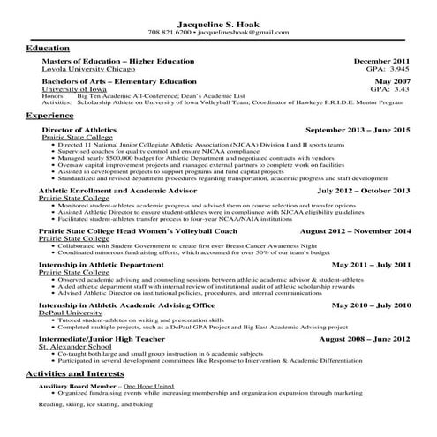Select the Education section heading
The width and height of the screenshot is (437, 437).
pyautogui.click(x=49, y=48)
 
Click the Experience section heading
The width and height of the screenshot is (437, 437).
pyautogui.click(x=50, y=116)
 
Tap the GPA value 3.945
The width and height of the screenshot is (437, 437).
pyautogui.click(x=400, y=68)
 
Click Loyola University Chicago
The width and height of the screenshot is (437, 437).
pyautogui.click(x=88, y=68)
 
